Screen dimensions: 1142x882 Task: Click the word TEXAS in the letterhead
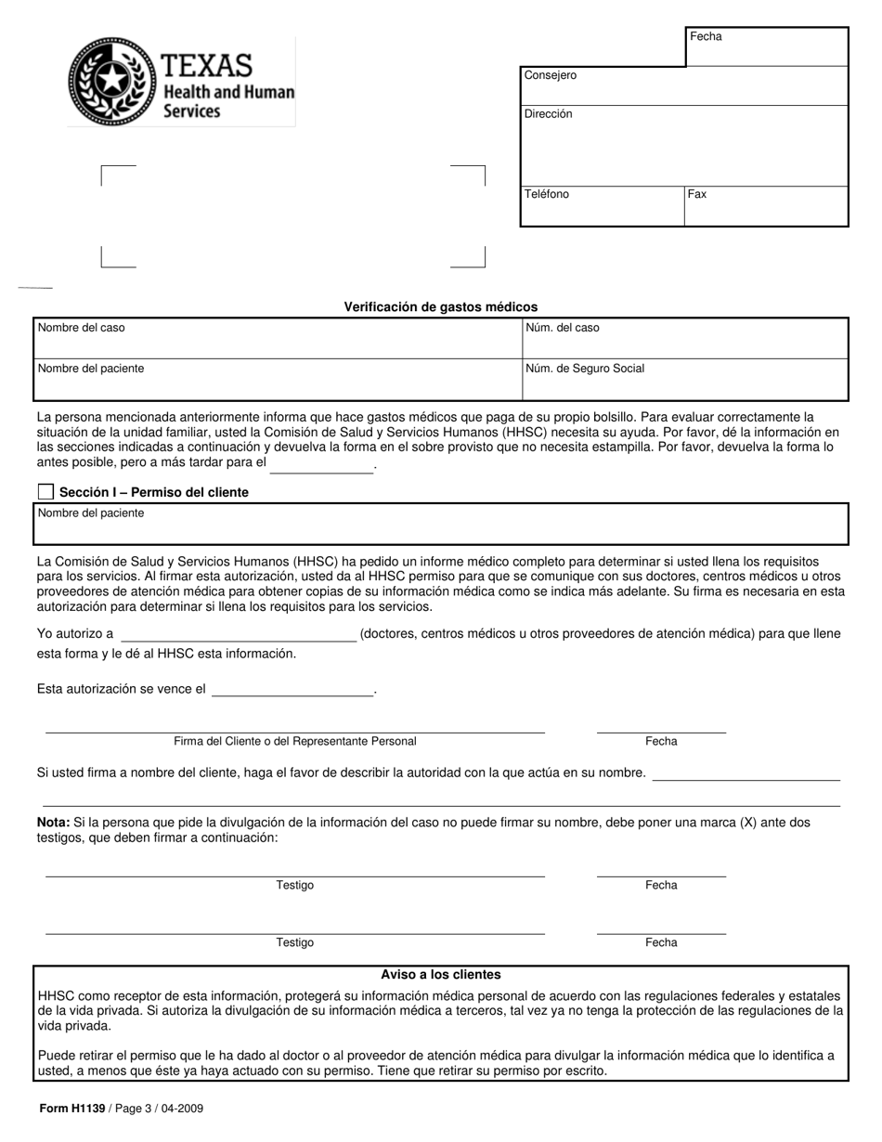click(207, 65)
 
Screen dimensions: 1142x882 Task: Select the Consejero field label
click(550, 75)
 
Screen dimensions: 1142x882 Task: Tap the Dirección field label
click(548, 114)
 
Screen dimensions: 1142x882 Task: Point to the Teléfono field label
click(547, 194)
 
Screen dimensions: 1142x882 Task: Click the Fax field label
click(697, 194)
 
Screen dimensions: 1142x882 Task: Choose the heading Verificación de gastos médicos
click(441, 306)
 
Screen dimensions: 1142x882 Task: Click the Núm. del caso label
click(563, 328)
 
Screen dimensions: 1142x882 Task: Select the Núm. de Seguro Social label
click(585, 369)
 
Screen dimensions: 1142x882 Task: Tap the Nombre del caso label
click(81, 328)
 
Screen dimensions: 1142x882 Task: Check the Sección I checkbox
click(45, 492)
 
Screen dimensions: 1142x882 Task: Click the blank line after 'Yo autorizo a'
click(239, 635)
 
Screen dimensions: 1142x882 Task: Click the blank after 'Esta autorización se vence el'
click(292, 690)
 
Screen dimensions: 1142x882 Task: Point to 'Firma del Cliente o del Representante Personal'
click(294, 741)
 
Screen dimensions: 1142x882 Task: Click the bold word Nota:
click(53, 823)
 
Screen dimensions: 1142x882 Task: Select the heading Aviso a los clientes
click(441, 975)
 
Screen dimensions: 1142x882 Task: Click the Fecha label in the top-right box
click(706, 36)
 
